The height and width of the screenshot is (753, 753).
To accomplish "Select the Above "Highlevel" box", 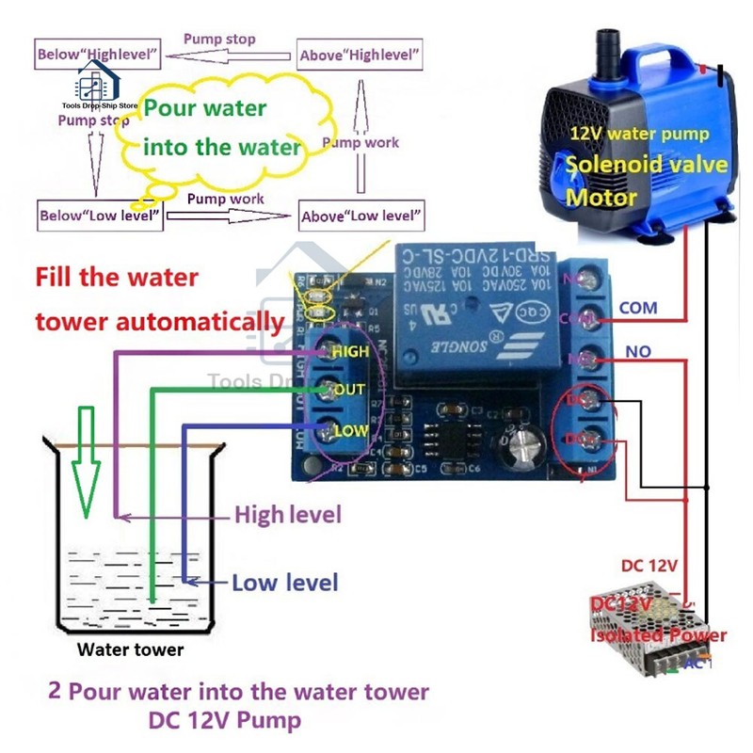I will pos(360,55).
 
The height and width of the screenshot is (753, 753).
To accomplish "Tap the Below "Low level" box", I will pos(100,215).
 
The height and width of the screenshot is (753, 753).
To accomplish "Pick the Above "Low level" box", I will pos(359,216).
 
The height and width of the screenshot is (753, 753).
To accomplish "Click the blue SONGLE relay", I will pos(475,315).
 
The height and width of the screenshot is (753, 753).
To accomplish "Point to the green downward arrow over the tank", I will pos(87,461).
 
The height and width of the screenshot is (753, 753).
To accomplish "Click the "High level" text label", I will pos(287,515).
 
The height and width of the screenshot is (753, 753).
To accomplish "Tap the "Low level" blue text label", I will pos(284,583).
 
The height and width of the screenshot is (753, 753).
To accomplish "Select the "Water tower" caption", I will pos(130,649).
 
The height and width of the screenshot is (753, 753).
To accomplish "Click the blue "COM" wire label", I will pos(638,308).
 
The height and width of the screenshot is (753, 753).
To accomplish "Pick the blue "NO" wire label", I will pos(636,352).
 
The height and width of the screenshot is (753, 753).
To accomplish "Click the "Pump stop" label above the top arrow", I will pos(219,40).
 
